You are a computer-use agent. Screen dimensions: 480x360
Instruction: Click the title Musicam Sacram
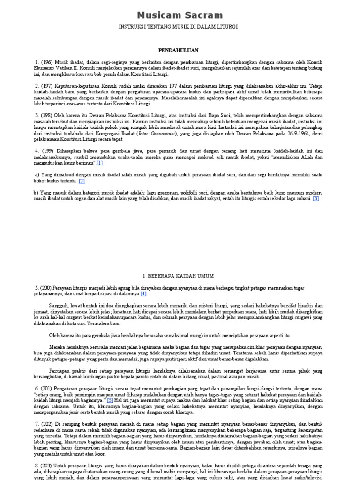[x=180, y=15]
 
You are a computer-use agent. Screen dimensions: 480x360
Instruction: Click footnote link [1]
[x=100, y=163]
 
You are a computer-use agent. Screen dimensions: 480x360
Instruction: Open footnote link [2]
[x=82, y=180]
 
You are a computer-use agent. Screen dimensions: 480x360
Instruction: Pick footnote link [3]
[x=316, y=198]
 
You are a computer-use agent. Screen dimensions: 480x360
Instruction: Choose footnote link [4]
[x=143, y=294]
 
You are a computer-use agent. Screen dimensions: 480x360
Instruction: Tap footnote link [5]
[x=110, y=401]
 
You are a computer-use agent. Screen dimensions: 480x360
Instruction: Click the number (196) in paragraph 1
[x=47, y=62]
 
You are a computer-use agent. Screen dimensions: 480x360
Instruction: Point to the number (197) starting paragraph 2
[x=47, y=85]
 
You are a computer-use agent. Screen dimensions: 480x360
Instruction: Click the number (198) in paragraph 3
[x=47, y=115]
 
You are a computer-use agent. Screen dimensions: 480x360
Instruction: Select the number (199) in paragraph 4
[x=47, y=150]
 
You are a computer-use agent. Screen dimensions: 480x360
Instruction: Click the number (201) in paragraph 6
[x=47, y=389]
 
